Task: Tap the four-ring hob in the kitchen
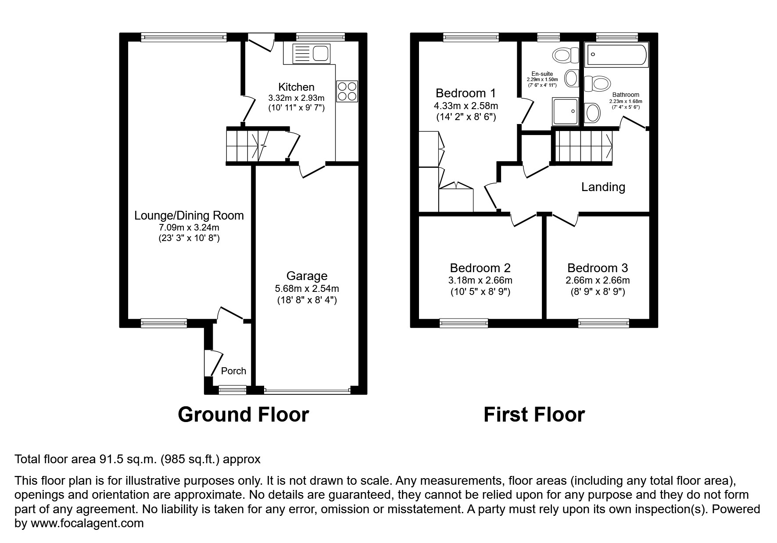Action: coord(347,91)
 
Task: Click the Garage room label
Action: coord(307,276)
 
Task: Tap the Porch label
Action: coord(233,371)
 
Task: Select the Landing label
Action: coord(603,187)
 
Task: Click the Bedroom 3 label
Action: coord(597,268)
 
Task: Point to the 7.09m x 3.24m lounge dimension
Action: coord(189,227)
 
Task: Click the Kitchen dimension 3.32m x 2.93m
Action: coord(296,98)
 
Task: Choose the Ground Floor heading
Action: coord(243,414)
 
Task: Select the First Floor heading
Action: coord(534,414)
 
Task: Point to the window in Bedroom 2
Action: coord(464,323)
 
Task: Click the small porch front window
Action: coord(232,389)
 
